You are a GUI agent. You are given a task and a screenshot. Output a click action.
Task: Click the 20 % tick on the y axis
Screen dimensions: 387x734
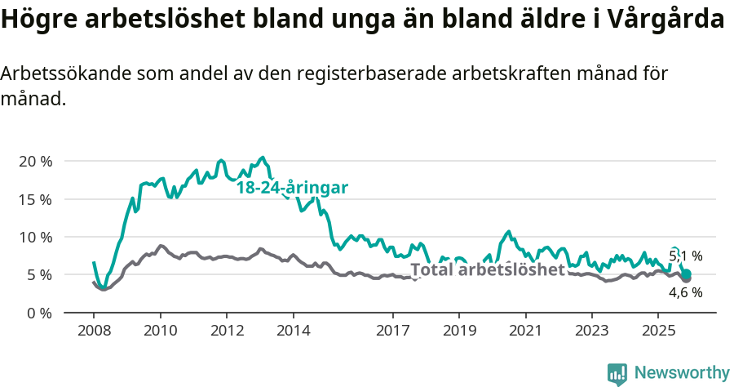(34, 161)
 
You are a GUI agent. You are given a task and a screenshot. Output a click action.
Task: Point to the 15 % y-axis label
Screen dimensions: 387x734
(34, 199)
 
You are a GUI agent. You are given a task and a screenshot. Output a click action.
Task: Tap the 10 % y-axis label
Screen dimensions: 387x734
(34, 237)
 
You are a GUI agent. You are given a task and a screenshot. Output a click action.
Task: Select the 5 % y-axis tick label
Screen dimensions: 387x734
(38, 275)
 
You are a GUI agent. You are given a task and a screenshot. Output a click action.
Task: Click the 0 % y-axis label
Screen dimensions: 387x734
(38, 313)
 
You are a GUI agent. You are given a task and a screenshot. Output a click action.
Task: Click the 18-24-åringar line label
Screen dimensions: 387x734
(292, 188)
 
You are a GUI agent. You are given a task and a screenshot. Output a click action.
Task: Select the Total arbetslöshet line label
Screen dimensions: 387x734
(487, 270)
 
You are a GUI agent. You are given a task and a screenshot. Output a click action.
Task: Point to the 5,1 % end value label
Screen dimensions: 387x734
(685, 256)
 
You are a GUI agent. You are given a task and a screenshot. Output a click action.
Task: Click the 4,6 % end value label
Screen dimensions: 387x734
(685, 292)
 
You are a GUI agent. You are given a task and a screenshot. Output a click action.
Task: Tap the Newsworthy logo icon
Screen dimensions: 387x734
(617, 374)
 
